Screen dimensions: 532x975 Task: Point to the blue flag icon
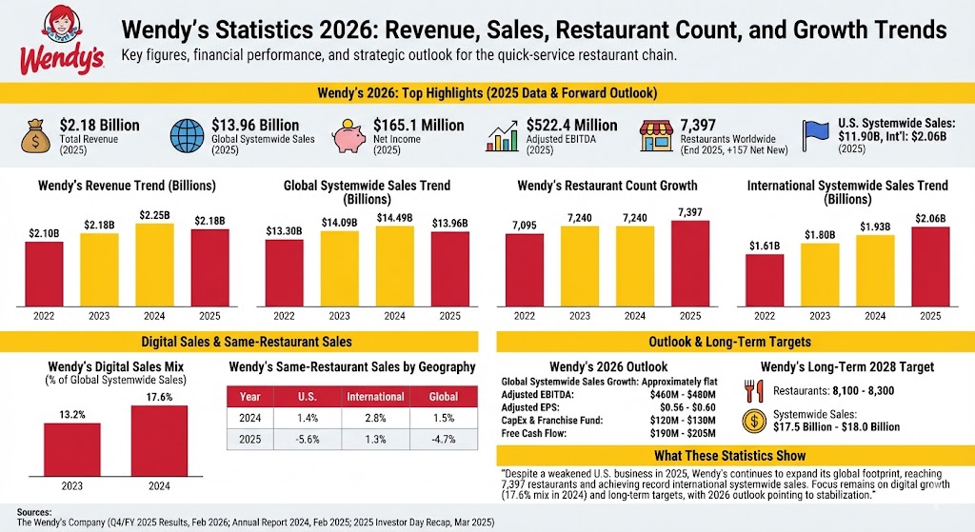click(817, 135)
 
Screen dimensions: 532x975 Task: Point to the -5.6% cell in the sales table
click(308, 440)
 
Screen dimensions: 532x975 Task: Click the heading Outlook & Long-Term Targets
click(730, 342)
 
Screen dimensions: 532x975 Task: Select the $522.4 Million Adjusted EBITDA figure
click(571, 126)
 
